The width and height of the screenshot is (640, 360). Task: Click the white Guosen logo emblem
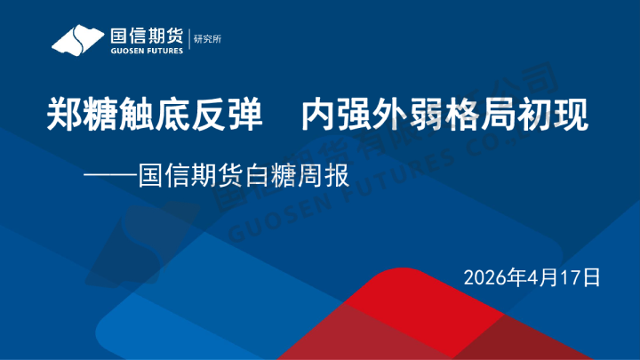pos(79,40)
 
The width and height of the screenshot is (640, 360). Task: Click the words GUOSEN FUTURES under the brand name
pos(146,51)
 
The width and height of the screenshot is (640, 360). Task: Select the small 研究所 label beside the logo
pos(204,39)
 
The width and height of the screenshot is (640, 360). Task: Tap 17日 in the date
pos(583,277)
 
